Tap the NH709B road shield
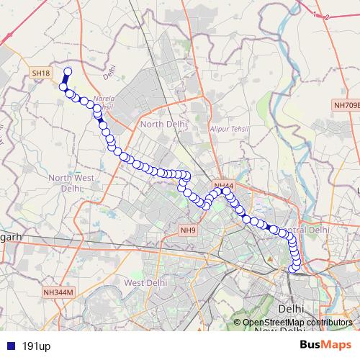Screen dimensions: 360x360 (346, 105)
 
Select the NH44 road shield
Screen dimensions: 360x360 (223, 186)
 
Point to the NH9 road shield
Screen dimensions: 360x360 (187, 230)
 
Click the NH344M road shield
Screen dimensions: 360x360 (58, 292)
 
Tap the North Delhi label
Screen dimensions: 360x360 (163, 124)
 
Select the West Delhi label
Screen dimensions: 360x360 (145, 283)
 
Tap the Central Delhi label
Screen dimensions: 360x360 (308, 230)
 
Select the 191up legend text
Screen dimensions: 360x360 (36, 346)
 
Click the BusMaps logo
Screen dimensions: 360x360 (325, 346)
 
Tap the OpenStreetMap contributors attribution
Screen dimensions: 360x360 (297, 323)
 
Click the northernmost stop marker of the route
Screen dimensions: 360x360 (68, 71)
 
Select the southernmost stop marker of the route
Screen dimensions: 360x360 (294, 269)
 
